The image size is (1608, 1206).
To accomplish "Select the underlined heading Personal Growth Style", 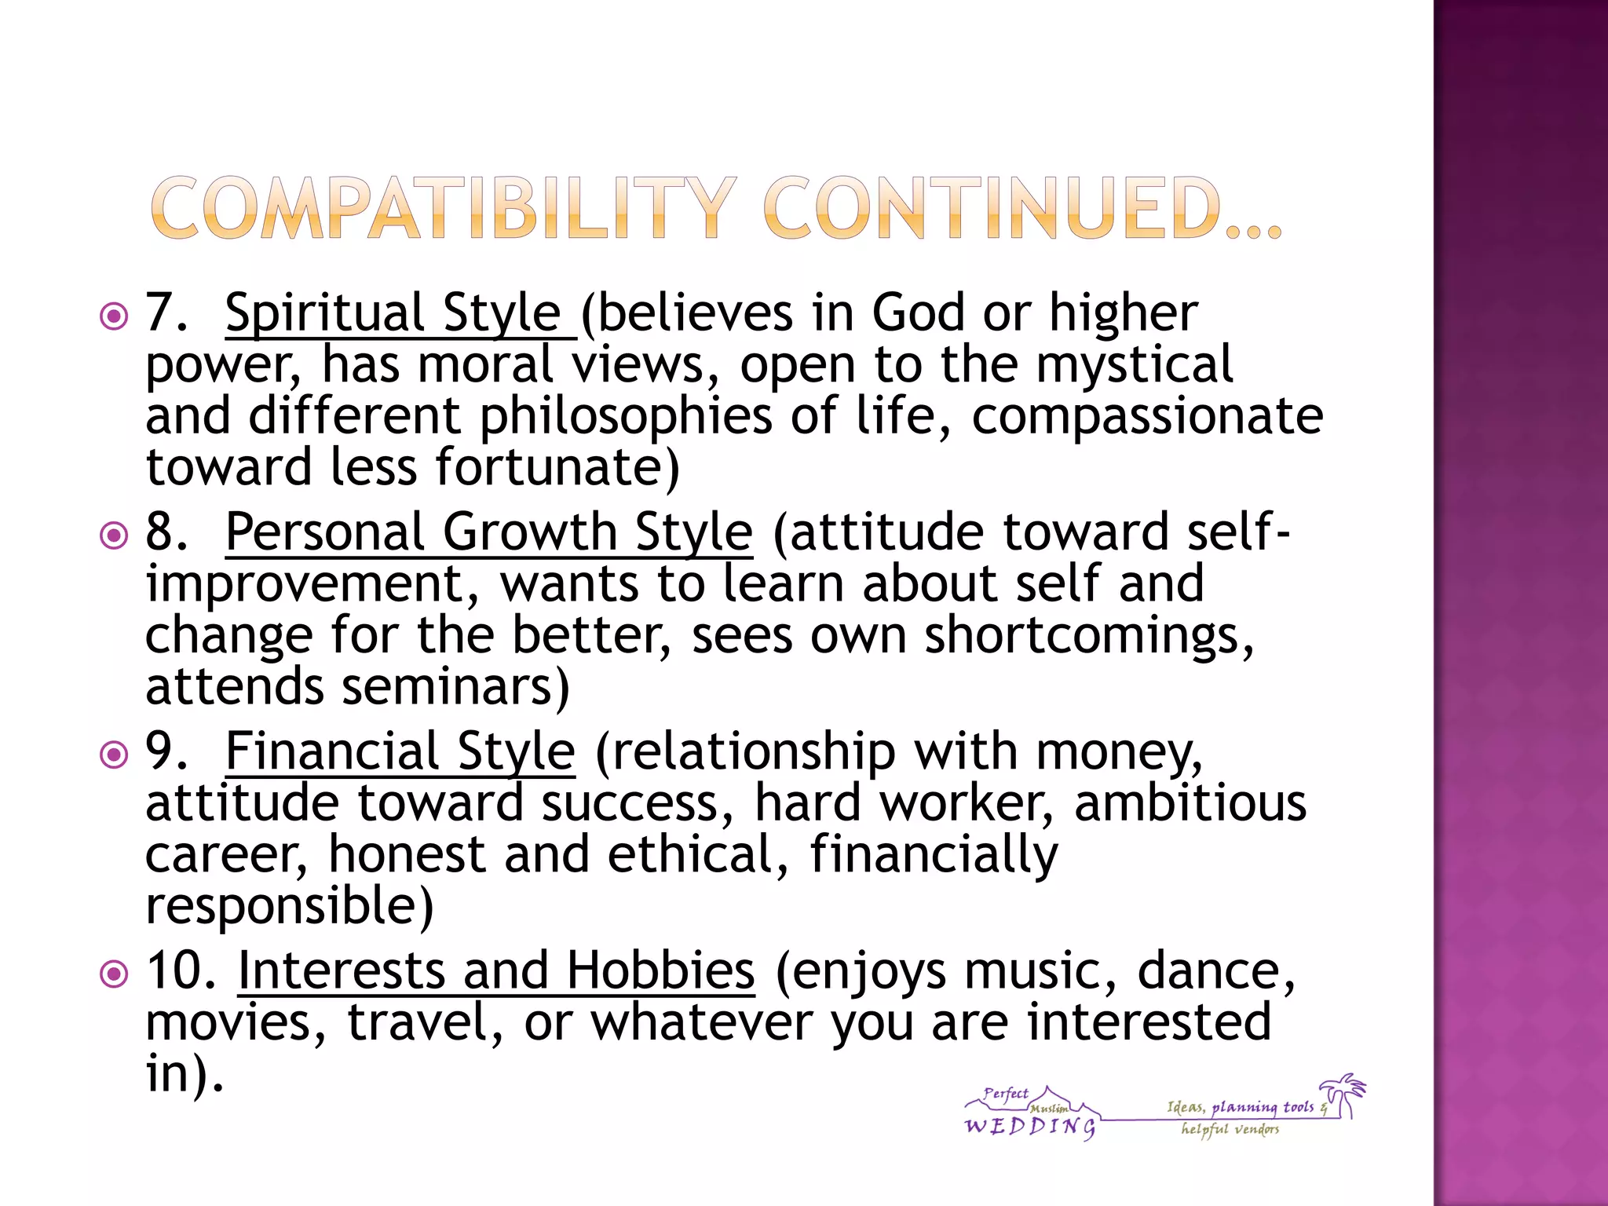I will tap(488, 532).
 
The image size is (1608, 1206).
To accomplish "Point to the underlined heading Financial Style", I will tap(400, 751).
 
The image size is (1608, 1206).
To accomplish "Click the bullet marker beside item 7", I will tap(115, 317).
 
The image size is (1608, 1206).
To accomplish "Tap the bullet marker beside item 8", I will tap(115, 536).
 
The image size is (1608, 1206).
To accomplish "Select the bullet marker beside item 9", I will tap(115, 755).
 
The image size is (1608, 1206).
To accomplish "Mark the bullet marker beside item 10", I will tap(115, 974).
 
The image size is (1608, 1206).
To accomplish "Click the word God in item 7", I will tap(918, 313).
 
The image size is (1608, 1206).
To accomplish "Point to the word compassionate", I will tap(1147, 416).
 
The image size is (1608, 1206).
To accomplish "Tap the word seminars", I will tap(455, 687).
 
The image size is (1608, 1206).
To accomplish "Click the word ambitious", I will tap(1190, 803).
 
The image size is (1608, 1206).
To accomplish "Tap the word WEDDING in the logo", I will tap(1029, 1127).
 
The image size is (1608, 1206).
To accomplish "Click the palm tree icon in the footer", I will tap(1345, 1094).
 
